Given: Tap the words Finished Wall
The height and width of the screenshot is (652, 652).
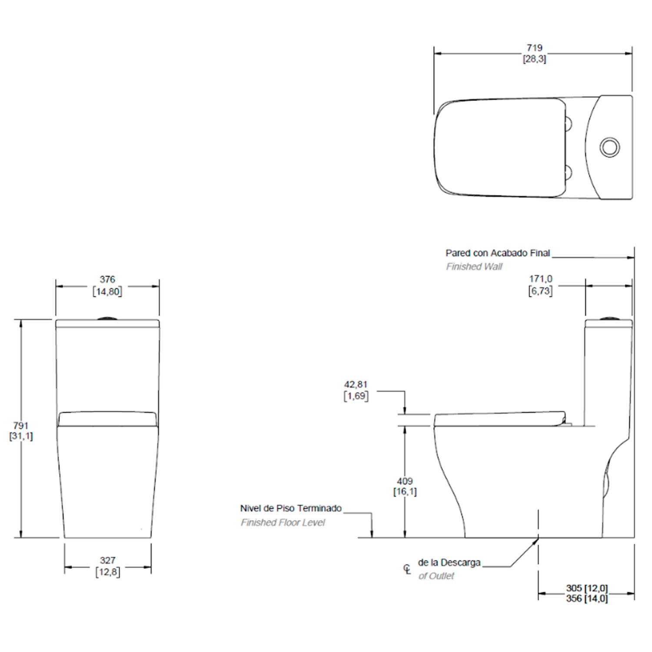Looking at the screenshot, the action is coord(474,266).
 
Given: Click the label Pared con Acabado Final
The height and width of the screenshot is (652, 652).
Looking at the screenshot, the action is coord(498,253).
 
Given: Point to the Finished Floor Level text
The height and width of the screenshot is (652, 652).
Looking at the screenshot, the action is coord(283,522).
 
